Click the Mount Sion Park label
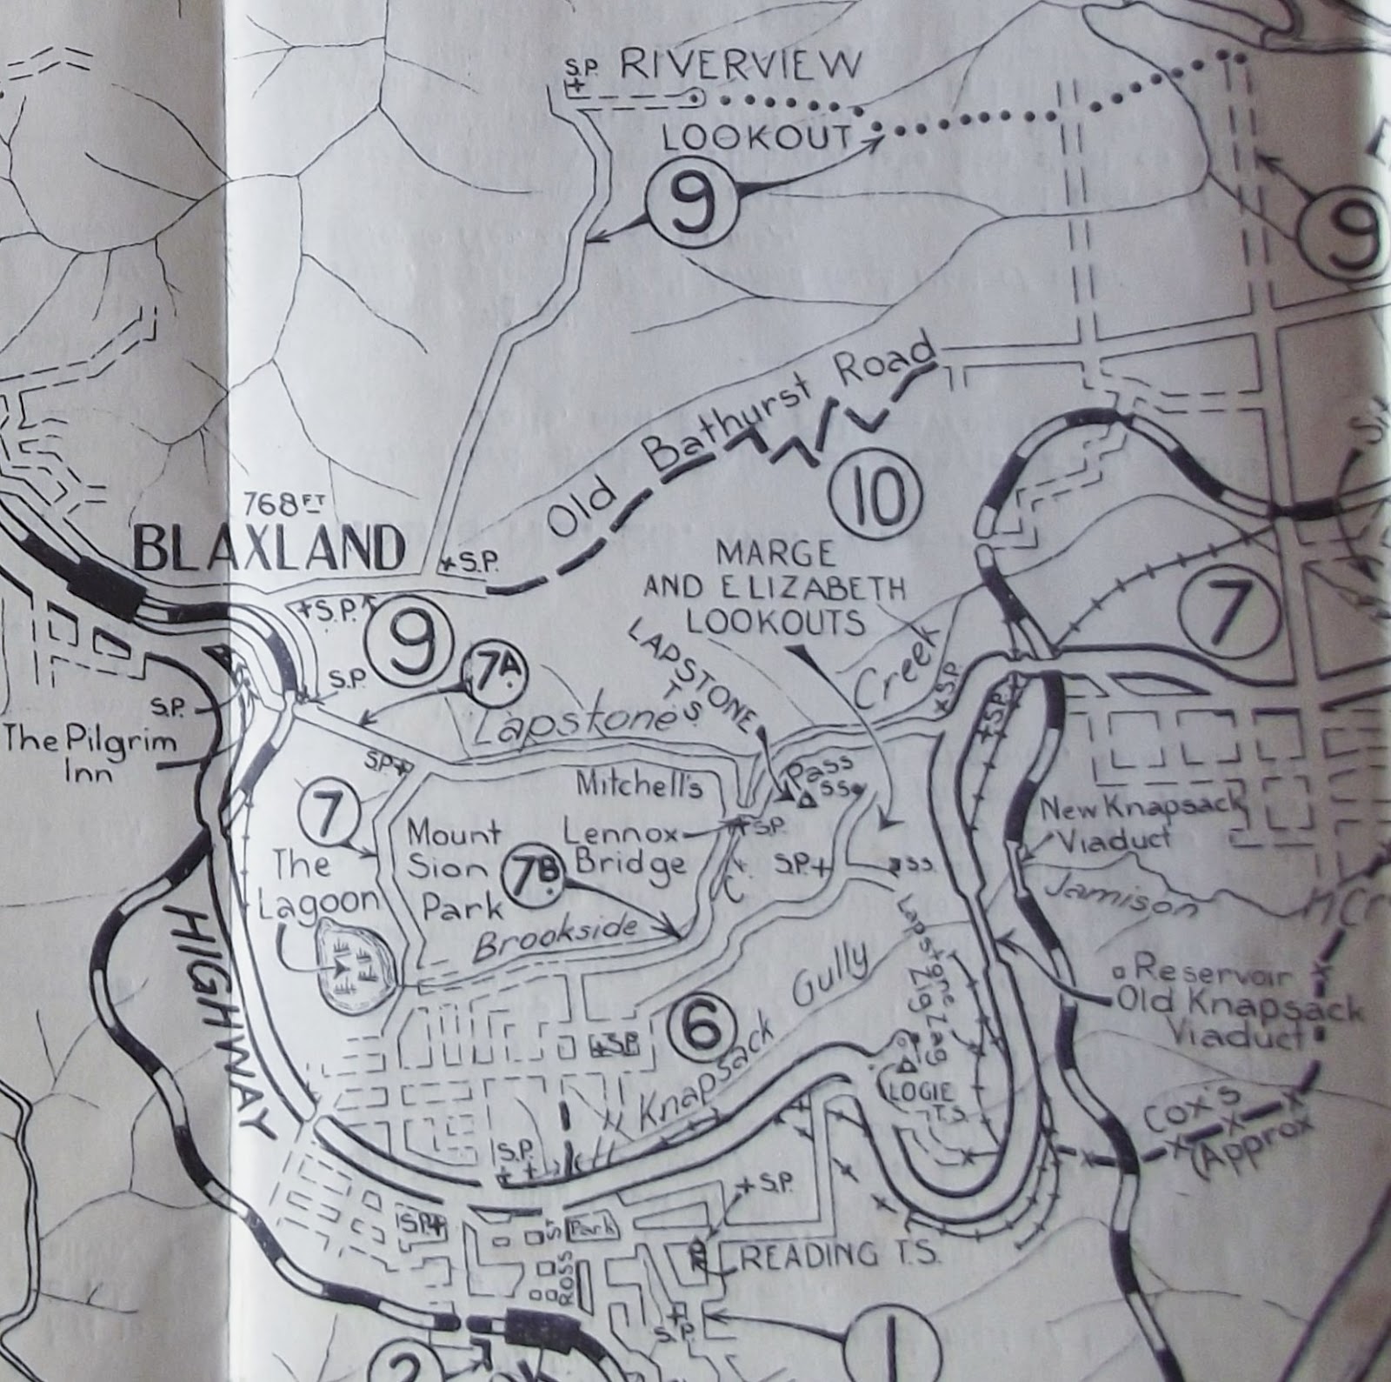point(456,871)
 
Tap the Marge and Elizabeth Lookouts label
point(774,589)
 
